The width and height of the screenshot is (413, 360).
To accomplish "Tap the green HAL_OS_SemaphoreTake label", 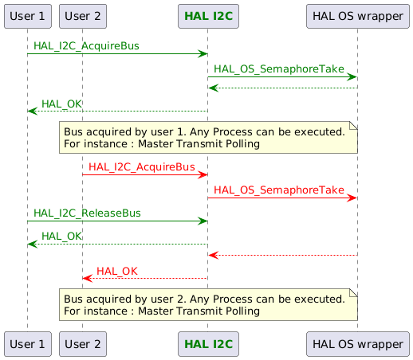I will click(278, 70).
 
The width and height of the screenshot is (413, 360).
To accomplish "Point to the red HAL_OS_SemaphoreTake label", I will click(278, 190).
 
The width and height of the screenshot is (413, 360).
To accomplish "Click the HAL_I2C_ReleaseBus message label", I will click(87, 213).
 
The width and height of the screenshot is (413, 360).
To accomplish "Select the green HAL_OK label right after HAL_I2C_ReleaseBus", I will click(61, 236).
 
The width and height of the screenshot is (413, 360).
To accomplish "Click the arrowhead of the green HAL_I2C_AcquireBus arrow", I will click(203, 53).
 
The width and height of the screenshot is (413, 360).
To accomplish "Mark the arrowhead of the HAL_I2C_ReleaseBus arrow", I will click(203, 221).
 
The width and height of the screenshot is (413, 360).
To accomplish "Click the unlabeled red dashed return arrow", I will click(282, 255).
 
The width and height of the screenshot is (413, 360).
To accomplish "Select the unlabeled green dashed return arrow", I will click(282, 88).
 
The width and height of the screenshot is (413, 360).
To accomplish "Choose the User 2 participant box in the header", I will click(82, 15).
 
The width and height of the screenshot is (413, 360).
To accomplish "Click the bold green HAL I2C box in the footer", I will click(207, 345).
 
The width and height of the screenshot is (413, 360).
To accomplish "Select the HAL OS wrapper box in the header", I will click(357, 15).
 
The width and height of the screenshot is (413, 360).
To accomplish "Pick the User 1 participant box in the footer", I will click(27, 345).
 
